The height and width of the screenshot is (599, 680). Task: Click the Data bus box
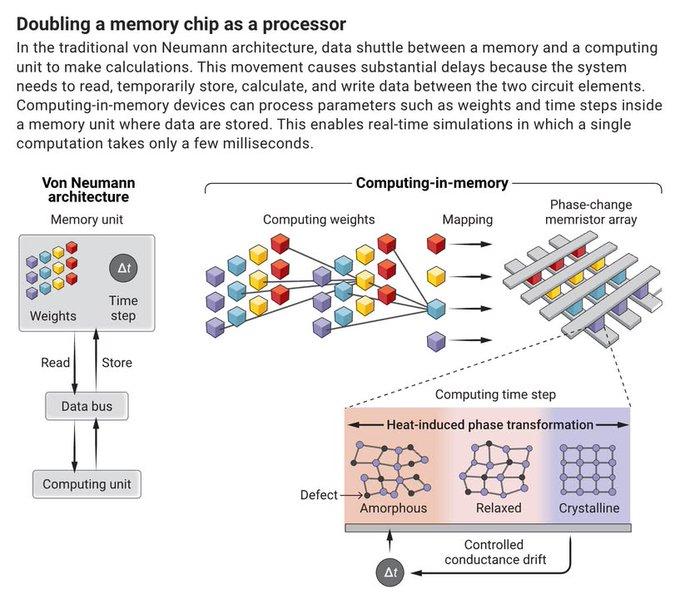(x=87, y=406)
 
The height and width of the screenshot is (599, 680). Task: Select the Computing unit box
(x=87, y=484)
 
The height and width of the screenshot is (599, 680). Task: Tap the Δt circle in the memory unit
(x=124, y=268)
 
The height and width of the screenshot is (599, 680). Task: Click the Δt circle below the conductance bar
(x=390, y=573)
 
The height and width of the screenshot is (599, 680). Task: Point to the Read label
(x=55, y=363)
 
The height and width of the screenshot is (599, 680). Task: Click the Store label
(x=117, y=363)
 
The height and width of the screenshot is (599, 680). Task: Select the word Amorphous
(x=393, y=508)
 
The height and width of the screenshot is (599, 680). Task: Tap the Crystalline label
(x=589, y=508)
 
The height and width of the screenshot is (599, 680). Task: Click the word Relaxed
(x=499, y=508)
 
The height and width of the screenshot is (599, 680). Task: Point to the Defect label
(x=319, y=495)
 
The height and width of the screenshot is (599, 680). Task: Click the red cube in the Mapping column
(x=436, y=243)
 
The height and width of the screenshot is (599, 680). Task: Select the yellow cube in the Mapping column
(x=436, y=276)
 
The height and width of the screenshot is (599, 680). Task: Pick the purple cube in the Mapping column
(x=436, y=341)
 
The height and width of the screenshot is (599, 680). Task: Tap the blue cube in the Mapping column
(x=436, y=309)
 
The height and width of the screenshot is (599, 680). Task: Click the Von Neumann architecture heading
(x=88, y=190)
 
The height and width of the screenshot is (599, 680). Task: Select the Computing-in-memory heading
(x=432, y=183)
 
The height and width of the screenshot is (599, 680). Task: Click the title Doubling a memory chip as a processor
(x=181, y=24)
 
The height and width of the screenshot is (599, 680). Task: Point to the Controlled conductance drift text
(x=495, y=552)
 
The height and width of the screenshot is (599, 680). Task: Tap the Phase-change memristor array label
(x=591, y=212)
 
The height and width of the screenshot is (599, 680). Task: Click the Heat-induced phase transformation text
(x=490, y=425)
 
